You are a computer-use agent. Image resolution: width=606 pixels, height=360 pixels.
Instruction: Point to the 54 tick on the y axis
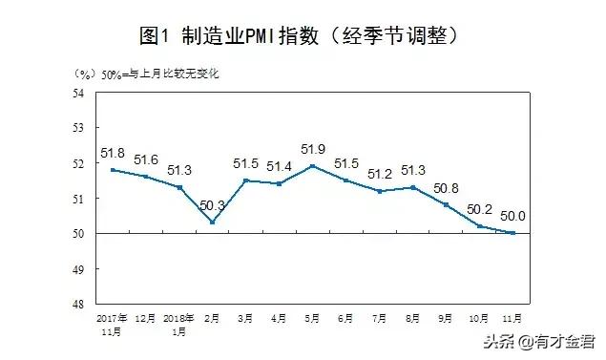point(79,93)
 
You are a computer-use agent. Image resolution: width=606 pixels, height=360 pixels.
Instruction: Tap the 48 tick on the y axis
point(79,304)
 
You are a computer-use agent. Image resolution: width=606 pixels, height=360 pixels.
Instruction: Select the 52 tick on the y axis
point(79,163)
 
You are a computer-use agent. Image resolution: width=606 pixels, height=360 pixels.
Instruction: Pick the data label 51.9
point(313,149)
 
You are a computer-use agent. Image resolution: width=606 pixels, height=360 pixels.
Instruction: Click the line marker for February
point(213,222)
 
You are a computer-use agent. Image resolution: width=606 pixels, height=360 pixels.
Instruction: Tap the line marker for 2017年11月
point(113,170)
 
